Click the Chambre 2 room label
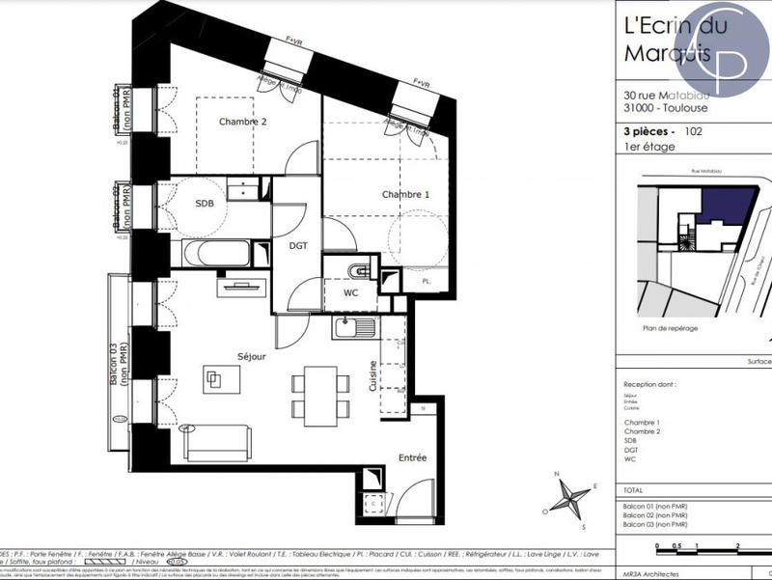(242, 122)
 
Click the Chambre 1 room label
(405, 195)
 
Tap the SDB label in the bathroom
(205, 204)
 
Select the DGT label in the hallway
(299, 245)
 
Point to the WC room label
(351, 292)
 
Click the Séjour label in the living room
(251, 356)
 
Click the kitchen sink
(355, 328)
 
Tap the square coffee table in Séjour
(217, 379)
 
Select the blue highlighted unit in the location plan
(723, 206)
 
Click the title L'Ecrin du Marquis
(666, 39)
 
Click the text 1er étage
(649, 147)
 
